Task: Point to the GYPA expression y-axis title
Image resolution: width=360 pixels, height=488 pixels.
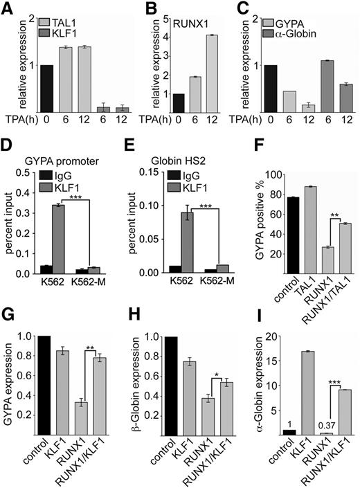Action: [x=10, y=391]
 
